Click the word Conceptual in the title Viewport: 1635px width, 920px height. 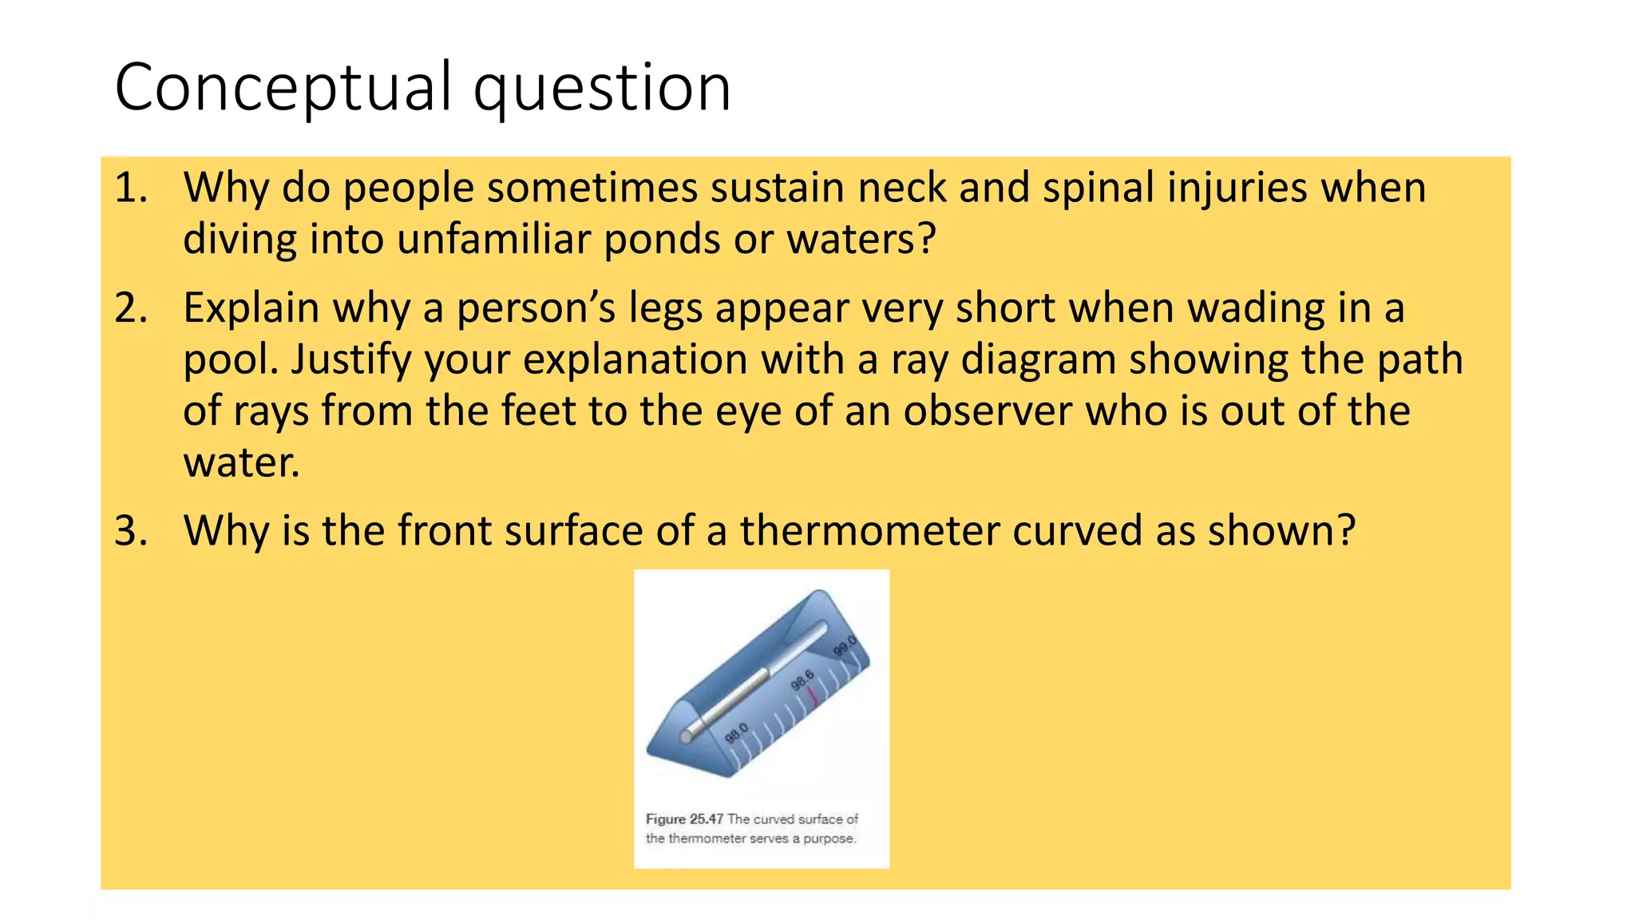pyautogui.click(x=284, y=88)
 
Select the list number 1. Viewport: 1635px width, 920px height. pyautogui.click(x=131, y=188)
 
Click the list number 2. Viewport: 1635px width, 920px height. pyautogui.click(x=131, y=308)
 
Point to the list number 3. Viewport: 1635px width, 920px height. pyautogui.click(x=131, y=531)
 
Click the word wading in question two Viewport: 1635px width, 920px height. pyautogui.click(x=1254, y=308)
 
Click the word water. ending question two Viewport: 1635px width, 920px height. pyautogui.click(x=241, y=463)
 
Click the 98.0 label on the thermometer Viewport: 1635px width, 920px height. pyautogui.click(x=736, y=733)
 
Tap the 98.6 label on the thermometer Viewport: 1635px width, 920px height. pyautogui.click(x=802, y=680)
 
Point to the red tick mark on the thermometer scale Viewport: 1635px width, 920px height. pyautogui.click(x=814, y=697)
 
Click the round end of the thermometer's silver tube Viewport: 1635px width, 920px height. pyautogui.click(x=687, y=736)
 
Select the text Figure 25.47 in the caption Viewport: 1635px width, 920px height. pyautogui.click(x=684, y=819)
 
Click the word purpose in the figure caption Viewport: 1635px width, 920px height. pyautogui.click(x=829, y=839)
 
